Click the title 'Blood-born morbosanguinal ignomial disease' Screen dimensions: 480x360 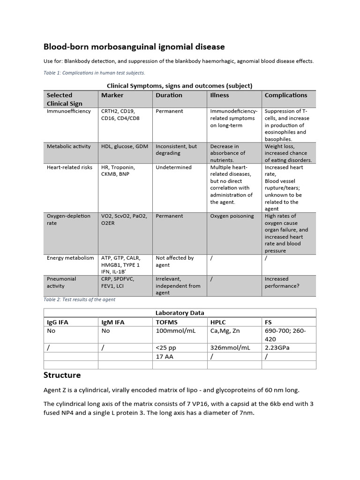(134, 47)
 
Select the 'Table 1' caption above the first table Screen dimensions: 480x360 (94, 73)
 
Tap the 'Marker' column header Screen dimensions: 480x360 (112, 95)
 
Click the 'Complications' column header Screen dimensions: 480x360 (286, 95)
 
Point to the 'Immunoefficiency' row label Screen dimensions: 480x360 (69, 111)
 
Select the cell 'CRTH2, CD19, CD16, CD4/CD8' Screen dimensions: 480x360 (120, 115)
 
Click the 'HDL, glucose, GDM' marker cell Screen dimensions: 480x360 (125, 146)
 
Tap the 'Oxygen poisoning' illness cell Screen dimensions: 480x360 (232, 216)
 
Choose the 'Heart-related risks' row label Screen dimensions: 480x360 (70, 167)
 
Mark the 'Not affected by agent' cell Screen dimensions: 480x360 (175, 261)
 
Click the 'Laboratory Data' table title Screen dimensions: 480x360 (180, 313)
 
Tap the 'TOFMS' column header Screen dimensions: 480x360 (167, 322)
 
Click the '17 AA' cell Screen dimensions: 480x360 (165, 357)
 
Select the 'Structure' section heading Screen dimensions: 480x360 (62, 375)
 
